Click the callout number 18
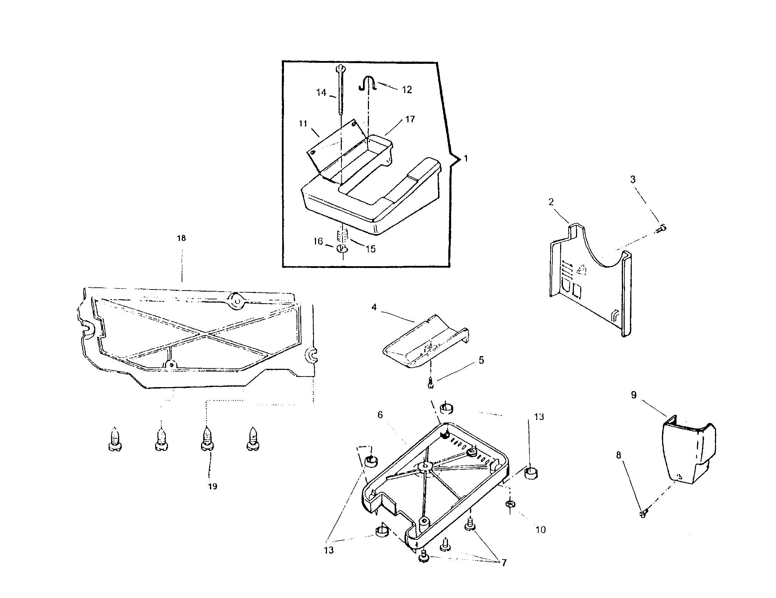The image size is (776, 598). pyautogui.click(x=181, y=238)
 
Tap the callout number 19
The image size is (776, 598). pyautogui.click(x=212, y=486)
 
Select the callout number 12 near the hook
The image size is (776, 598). pyautogui.click(x=407, y=90)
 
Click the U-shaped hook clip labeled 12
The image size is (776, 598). pyautogui.click(x=369, y=84)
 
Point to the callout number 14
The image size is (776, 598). pyautogui.click(x=321, y=93)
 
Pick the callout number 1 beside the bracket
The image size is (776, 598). pyautogui.click(x=466, y=158)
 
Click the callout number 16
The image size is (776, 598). pyautogui.click(x=318, y=242)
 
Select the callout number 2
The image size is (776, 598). pyautogui.click(x=551, y=202)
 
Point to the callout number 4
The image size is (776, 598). pyautogui.click(x=374, y=307)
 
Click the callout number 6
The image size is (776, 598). pyautogui.click(x=380, y=415)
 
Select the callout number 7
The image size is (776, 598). pyautogui.click(x=503, y=562)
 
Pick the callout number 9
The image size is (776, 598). pyautogui.click(x=633, y=395)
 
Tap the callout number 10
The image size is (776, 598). pyautogui.click(x=540, y=530)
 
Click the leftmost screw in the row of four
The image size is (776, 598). pyautogui.click(x=114, y=439)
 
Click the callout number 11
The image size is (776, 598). pyautogui.click(x=303, y=123)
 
